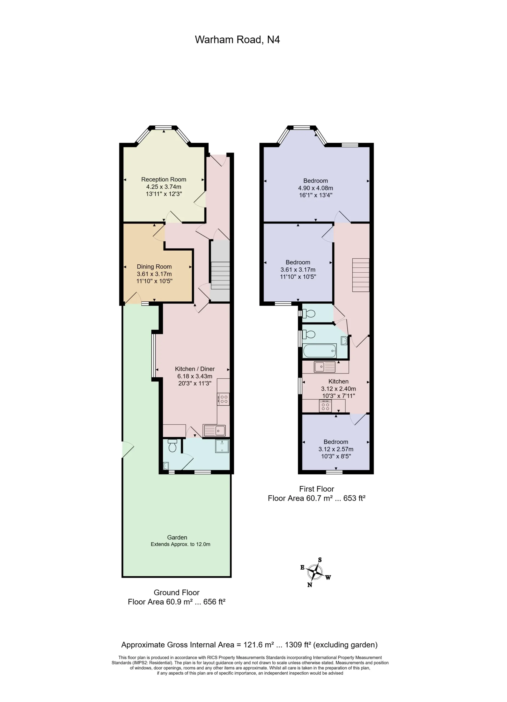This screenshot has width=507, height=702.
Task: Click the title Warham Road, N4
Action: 237,39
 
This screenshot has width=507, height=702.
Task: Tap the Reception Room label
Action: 164,180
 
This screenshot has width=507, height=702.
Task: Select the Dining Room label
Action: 154,267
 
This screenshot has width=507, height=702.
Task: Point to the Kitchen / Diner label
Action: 195,369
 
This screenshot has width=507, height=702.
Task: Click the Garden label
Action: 177,538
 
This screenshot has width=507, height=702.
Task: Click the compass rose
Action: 315,572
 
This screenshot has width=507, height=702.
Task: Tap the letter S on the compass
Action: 320,560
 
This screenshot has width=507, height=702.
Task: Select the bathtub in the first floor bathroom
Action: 320,351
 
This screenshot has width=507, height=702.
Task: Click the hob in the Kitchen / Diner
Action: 223,399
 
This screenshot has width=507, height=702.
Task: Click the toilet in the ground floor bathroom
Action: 172,445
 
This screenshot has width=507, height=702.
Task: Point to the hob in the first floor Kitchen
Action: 325,406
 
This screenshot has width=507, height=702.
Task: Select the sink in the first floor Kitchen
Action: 325,367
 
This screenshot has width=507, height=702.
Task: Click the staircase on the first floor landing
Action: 361,275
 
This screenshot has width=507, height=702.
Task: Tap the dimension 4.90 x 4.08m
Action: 315,188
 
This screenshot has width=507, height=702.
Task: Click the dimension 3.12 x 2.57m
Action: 336,449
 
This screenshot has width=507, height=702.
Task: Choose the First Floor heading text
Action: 316,489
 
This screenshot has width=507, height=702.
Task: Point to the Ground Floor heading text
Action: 176,592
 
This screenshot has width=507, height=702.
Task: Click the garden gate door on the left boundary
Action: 128,449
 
